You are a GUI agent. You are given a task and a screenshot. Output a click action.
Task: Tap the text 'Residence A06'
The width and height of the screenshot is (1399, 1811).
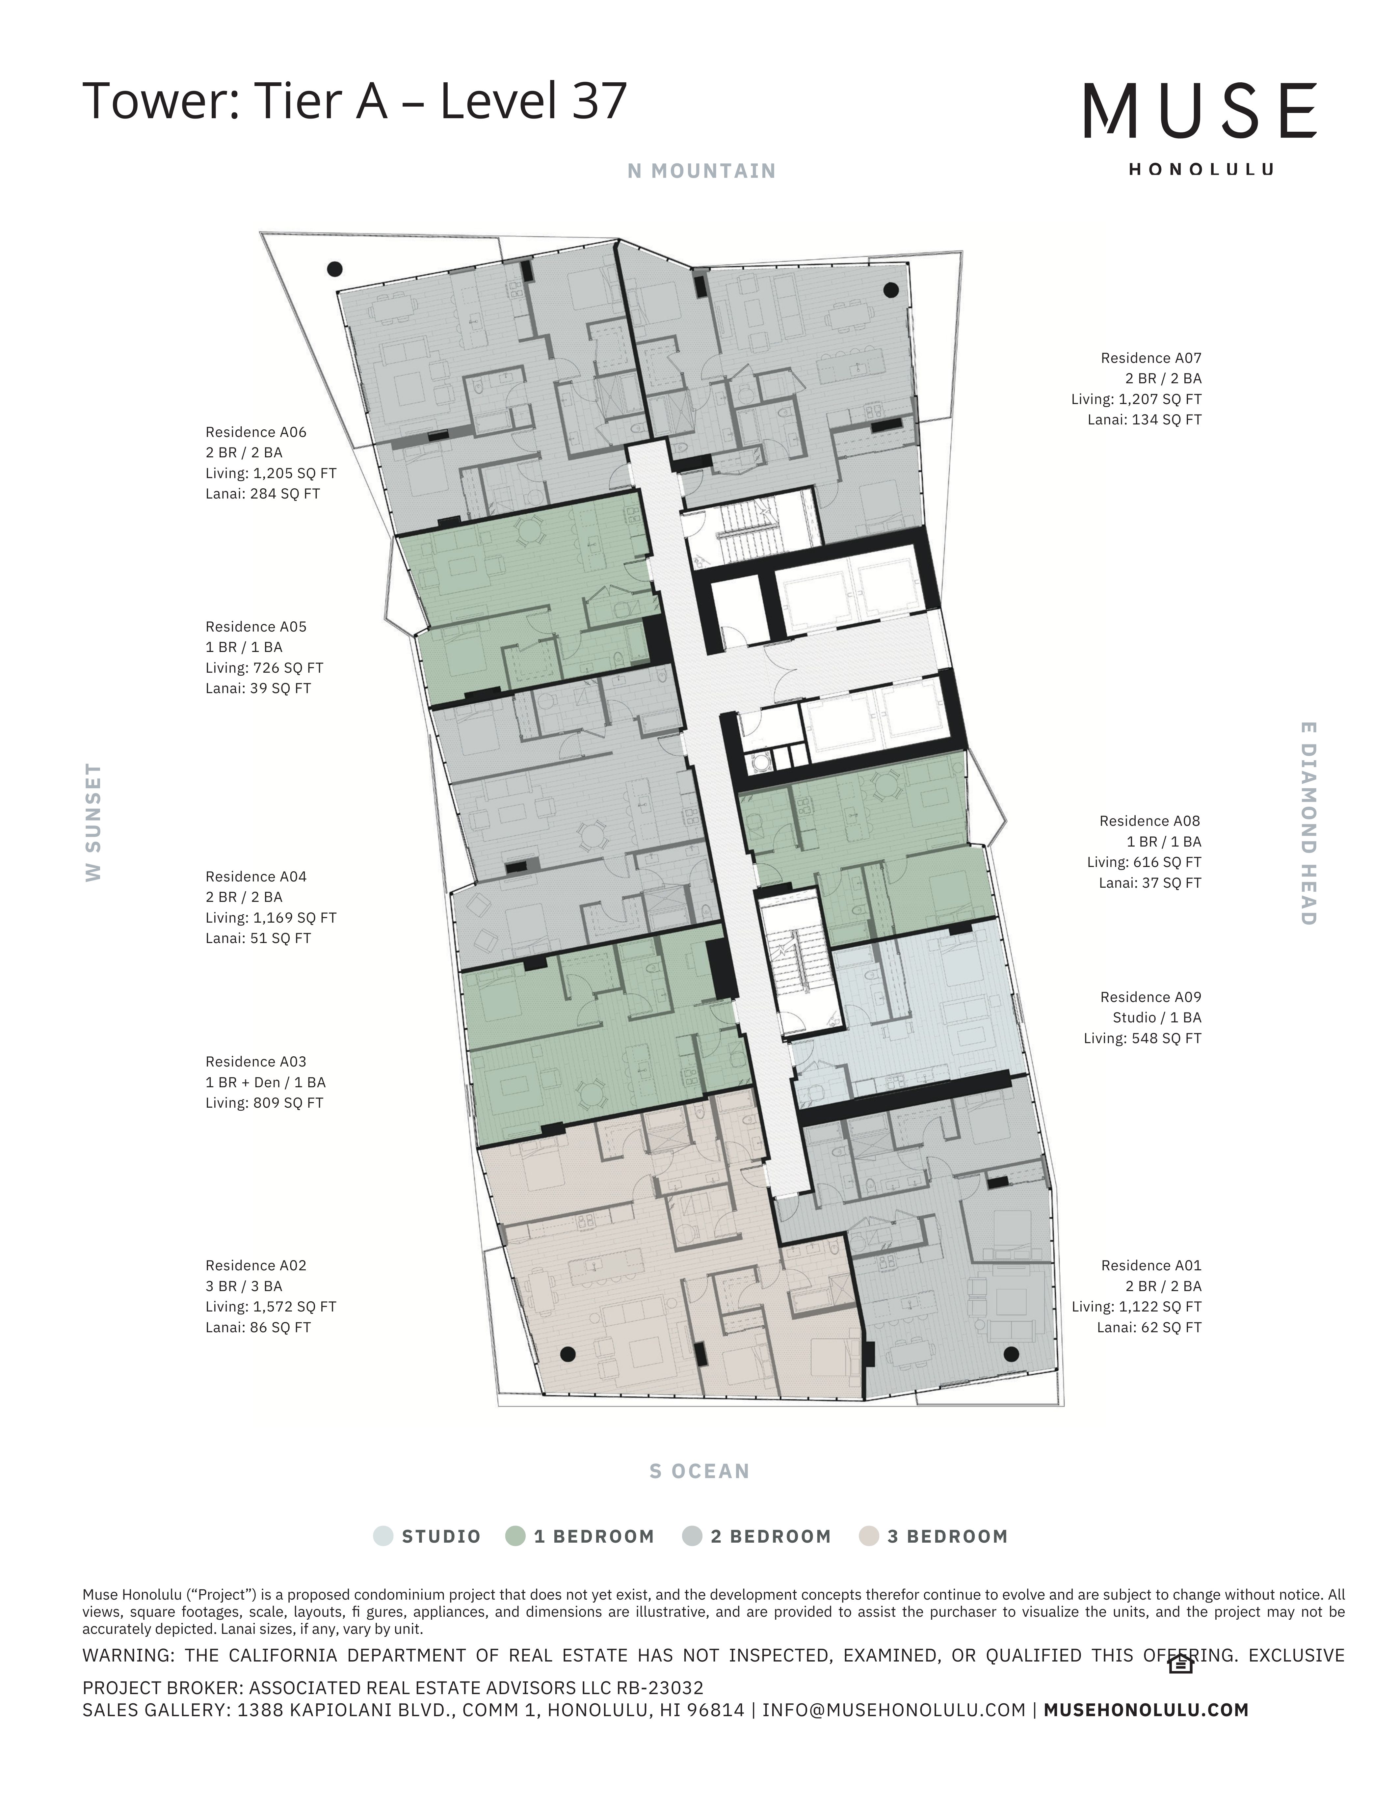(x=256, y=432)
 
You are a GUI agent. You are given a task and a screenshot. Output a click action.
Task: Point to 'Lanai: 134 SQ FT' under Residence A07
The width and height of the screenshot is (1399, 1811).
(x=1145, y=419)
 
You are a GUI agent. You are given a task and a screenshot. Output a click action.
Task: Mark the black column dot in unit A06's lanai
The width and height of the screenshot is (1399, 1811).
(x=335, y=269)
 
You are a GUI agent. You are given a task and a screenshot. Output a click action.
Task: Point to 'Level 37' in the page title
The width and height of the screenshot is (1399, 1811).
(x=533, y=100)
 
